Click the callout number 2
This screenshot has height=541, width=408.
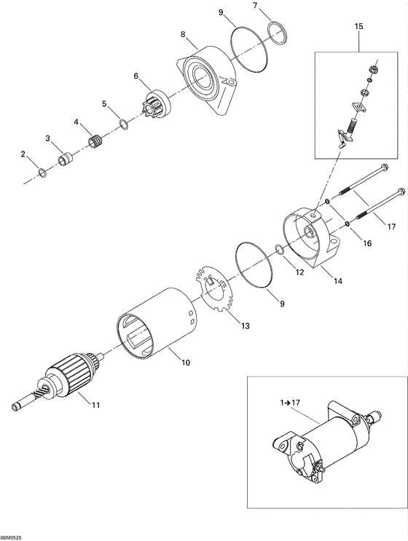(x=23, y=154)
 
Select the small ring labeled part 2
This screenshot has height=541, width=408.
(x=43, y=173)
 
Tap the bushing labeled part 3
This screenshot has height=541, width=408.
(x=65, y=157)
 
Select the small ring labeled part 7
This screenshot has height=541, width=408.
(x=276, y=30)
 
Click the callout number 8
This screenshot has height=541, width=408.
(x=184, y=33)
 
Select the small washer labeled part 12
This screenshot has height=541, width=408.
(x=280, y=251)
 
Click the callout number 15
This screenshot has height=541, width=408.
(x=358, y=26)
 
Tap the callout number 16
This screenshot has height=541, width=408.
(x=366, y=244)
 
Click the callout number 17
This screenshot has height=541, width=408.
(x=391, y=226)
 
